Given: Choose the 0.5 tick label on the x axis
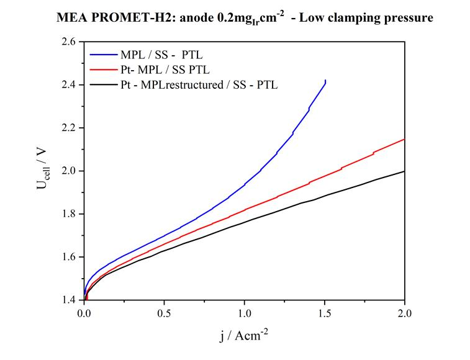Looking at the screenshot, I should click(165, 313).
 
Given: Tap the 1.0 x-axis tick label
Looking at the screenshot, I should click(245, 313).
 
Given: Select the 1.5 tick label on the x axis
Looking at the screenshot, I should click(325, 313).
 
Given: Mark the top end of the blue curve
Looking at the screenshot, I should click(325, 81).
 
